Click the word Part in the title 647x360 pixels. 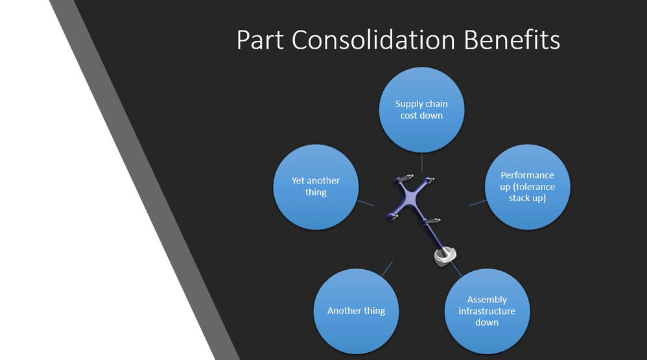(260, 40)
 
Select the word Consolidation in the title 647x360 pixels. (373, 40)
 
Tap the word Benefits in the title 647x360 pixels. (512, 40)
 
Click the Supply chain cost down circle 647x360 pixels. (421, 110)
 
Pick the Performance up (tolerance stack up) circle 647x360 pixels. (527, 187)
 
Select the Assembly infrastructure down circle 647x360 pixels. (487, 311)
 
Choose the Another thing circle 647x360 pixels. (356, 311)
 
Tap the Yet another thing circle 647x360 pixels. (316, 187)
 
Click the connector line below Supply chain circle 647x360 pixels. (421, 162)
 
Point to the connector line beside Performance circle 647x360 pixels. (477, 203)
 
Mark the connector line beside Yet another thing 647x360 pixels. (366, 203)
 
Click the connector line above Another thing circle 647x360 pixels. (387, 269)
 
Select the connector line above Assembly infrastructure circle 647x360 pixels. (456, 269)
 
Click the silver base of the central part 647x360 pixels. (445, 256)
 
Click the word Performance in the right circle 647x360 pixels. (527, 175)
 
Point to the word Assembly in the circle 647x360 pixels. (487, 300)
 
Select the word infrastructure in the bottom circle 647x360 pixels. (487, 311)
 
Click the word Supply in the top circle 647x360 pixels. (408, 104)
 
